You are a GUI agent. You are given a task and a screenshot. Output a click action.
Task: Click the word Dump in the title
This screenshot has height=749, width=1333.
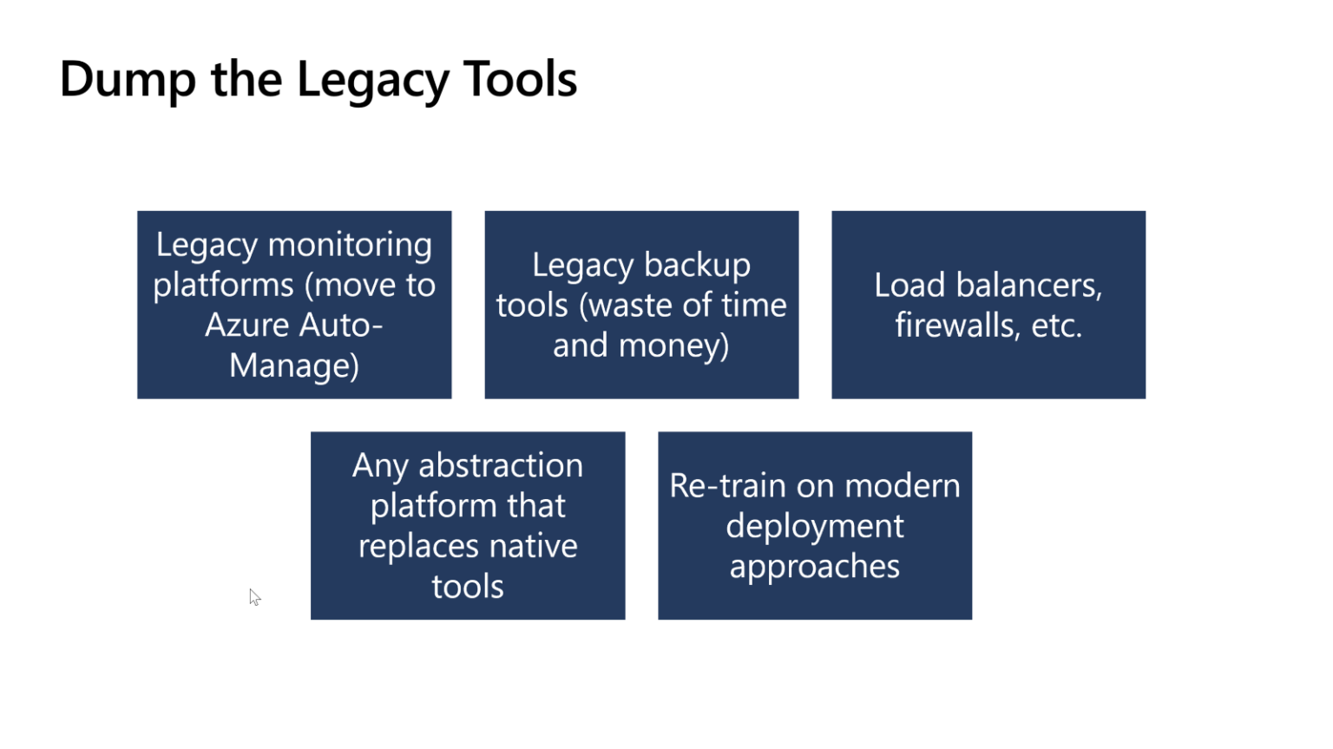pos(128,80)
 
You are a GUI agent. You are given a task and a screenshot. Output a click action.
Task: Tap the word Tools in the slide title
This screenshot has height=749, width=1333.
pos(520,80)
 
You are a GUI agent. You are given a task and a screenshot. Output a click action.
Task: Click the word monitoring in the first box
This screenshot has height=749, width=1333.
pos(350,245)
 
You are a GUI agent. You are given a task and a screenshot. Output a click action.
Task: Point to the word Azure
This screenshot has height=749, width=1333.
pos(246,325)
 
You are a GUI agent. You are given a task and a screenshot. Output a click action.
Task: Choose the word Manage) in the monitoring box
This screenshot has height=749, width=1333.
pos(294,365)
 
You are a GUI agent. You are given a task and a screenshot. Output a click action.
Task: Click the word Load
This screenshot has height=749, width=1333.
pos(909,286)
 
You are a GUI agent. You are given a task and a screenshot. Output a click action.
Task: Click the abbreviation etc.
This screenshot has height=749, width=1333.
pos(1056,325)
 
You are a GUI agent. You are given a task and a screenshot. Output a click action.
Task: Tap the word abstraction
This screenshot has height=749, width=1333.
pos(501,466)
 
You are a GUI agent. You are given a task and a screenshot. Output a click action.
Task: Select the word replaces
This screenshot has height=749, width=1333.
pos(418,546)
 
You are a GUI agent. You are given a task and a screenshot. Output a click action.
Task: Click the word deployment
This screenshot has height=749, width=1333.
pos(815,526)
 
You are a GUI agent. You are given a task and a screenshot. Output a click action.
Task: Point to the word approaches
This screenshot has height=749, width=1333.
pos(815,566)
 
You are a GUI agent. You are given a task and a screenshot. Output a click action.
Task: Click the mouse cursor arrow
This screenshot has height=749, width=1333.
pos(254,597)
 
